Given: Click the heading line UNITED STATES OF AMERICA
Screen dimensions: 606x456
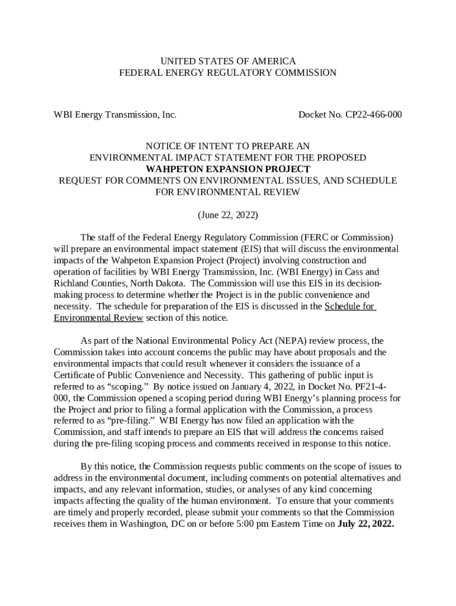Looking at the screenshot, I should pos(228,61).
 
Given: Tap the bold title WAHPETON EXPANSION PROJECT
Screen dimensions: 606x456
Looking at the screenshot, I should pos(228,169).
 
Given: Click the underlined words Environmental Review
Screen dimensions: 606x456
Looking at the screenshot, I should pos(98,318).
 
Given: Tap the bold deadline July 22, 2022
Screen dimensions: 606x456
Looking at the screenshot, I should pos(365,524).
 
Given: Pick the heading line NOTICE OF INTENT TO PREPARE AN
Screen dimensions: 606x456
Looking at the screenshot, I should pos(228,146).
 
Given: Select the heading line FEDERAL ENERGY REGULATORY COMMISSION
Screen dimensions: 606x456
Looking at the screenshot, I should pos(228,73).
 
